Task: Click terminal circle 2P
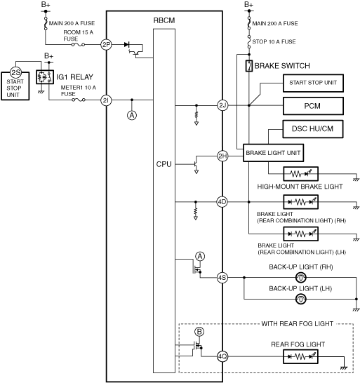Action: click(x=106, y=45)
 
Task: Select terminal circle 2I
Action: click(x=106, y=100)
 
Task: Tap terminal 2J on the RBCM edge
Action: click(x=222, y=105)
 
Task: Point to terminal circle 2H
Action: click(x=222, y=156)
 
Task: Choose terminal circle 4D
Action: click(x=222, y=202)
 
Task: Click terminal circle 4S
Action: click(x=222, y=278)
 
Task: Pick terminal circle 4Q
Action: click(x=222, y=356)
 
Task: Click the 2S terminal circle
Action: click(x=16, y=72)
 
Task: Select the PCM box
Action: click(x=313, y=106)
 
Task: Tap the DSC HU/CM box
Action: click(x=313, y=129)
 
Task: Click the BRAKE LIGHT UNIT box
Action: click(x=273, y=153)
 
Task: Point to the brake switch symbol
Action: click(x=249, y=66)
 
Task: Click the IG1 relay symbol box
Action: click(x=45, y=77)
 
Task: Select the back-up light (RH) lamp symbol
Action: click(x=300, y=278)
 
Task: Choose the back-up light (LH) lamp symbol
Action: click(x=300, y=299)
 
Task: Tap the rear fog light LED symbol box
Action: click(x=300, y=356)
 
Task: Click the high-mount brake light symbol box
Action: click(x=300, y=174)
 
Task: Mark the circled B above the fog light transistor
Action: click(x=199, y=332)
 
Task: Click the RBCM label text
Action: click(x=164, y=20)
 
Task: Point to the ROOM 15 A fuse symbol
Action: click(x=78, y=45)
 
